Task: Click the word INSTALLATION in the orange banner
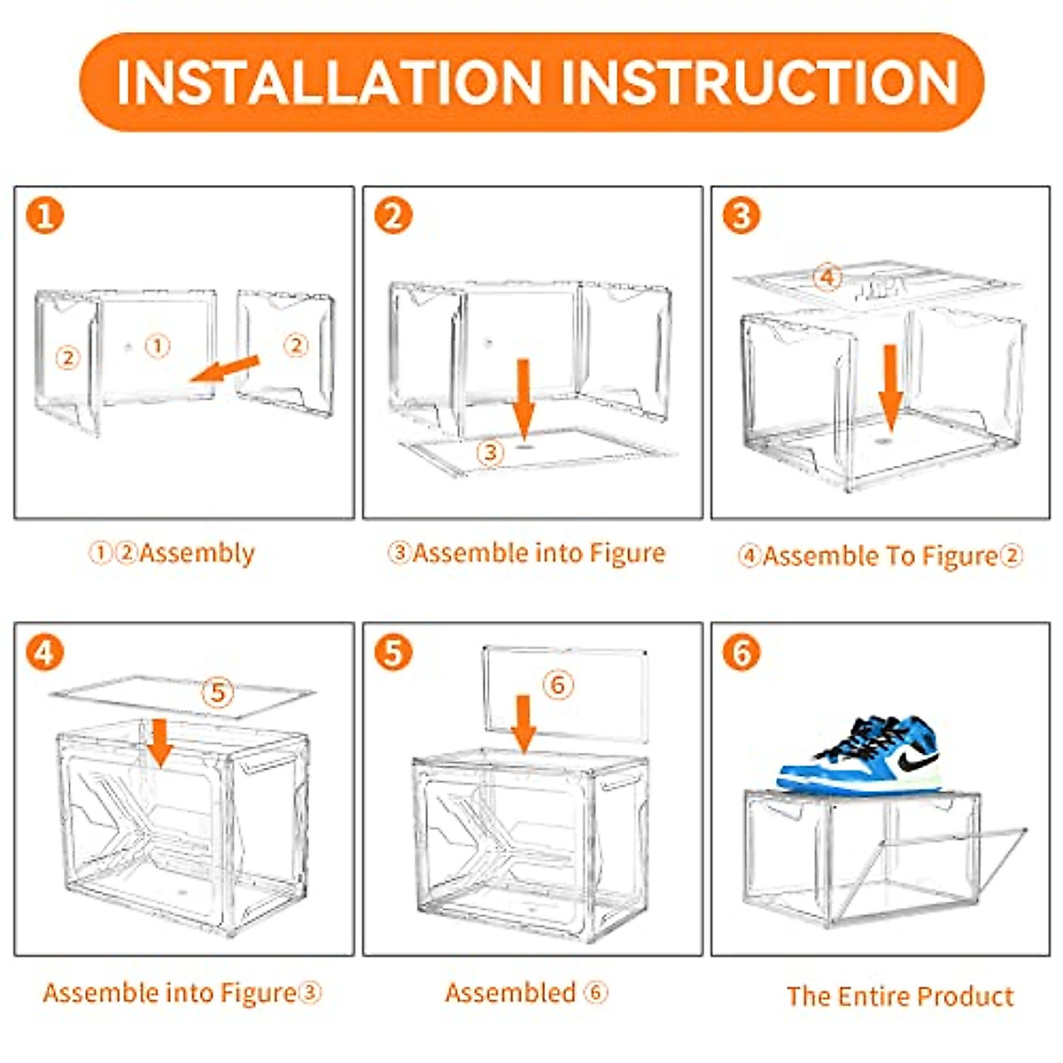[328, 82]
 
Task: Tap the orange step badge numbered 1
[45, 215]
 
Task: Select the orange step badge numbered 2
[393, 215]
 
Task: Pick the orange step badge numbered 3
[741, 215]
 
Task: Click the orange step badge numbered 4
[45, 653]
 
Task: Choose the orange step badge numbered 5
[393, 653]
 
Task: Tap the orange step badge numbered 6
[741, 653]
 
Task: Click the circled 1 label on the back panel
[157, 345]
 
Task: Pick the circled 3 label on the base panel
[490, 453]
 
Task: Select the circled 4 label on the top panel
[826, 277]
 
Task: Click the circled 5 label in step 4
[218, 691]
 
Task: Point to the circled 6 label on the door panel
[558, 684]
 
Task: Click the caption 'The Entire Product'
[899, 996]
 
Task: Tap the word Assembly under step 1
[197, 554]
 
